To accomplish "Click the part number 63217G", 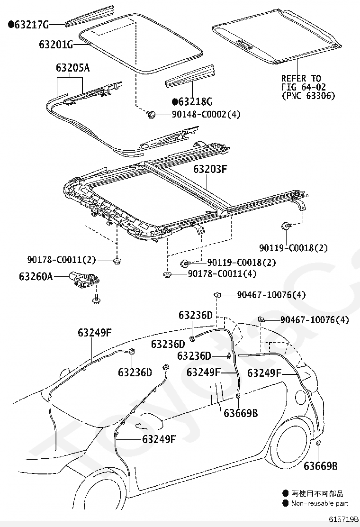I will coord(32,24).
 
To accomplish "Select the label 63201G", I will coord(56,45).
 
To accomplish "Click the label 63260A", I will coord(36,275).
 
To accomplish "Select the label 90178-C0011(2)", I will coord(62,260).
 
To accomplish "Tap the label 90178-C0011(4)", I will coord(222,273).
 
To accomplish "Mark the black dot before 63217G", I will coord(11,24).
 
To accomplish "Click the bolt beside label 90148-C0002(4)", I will coord(152,114).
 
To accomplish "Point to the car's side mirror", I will coord(147,420).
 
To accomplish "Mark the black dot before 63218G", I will coord(175,102).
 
